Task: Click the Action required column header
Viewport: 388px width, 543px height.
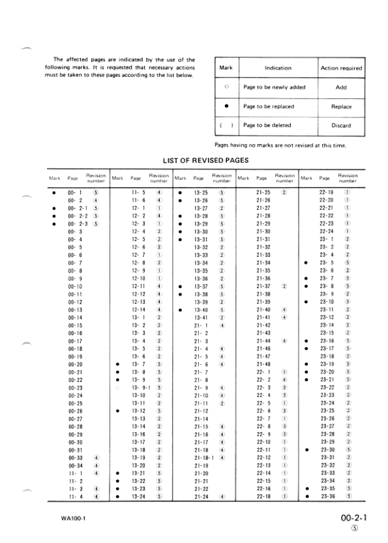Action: [341, 67]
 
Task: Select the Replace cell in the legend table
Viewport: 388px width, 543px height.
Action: [341, 106]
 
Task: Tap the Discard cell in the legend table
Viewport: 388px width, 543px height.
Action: [341, 125]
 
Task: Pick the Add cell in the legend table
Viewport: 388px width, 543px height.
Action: [341, 87]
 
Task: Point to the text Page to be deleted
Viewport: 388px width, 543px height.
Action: [268, 125]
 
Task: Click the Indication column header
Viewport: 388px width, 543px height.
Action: [278, 67]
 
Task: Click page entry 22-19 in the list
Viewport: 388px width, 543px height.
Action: [327, 192]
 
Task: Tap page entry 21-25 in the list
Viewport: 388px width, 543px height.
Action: [263, 192]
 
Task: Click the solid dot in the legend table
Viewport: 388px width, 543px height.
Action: [226, 106]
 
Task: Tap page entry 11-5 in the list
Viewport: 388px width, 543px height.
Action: [138, 192]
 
